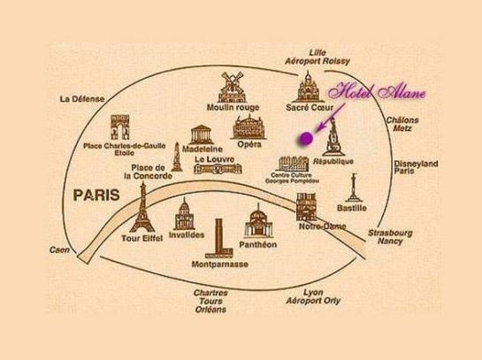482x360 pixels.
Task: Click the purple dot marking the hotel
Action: (306, 138)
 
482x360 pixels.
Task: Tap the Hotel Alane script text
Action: (378, 92)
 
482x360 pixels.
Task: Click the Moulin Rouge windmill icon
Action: (232, 87)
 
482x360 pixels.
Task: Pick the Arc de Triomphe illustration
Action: (120, 127)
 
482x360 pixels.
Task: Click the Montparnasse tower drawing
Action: (218, 239)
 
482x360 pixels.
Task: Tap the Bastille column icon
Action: (354, 188)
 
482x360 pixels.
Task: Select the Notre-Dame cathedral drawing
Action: (306, 207)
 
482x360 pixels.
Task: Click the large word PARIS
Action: (96, 195)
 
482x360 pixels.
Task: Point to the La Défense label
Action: (82, 99)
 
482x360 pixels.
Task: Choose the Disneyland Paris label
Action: (416, 167)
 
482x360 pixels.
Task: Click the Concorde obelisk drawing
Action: (177, 157)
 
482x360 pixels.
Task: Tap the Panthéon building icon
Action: (258, 221)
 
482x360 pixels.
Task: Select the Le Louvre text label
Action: (215, 159)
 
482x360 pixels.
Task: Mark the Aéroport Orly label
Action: (313, 301)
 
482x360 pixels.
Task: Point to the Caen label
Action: (59, 250)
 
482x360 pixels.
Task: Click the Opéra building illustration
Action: (249, 127)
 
